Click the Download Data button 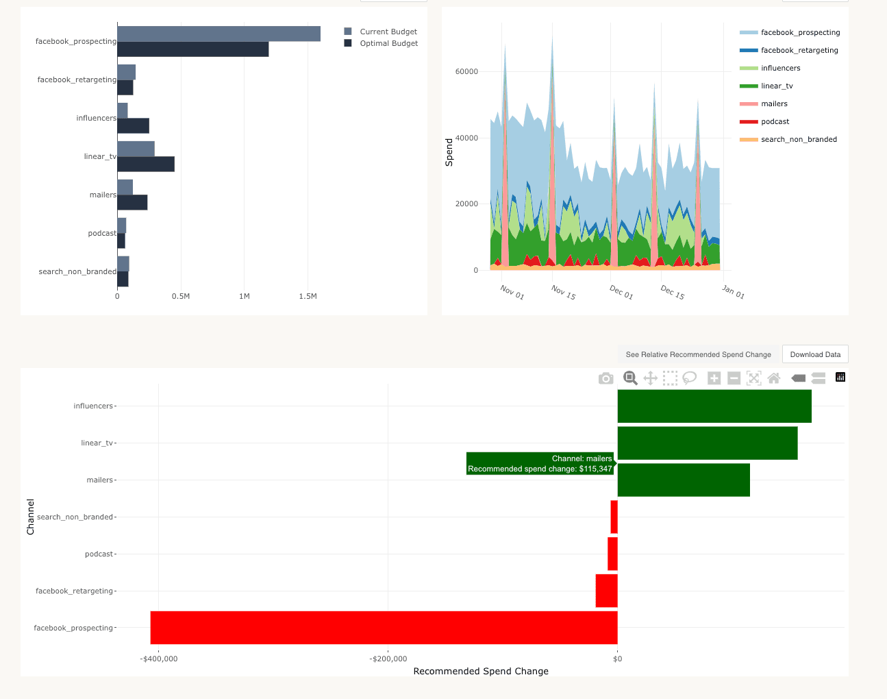pos(815,354)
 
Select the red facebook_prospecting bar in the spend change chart pos(384,628)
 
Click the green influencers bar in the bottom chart pos(714,406)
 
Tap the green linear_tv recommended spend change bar pos(708,443)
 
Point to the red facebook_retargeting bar pos(606,591)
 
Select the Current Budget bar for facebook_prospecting pos(218,34)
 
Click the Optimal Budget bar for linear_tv pos(146,164)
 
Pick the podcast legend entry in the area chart pos(775,121)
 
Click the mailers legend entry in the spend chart pos(774,103)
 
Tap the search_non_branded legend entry pos(799,139)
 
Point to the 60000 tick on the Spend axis pos(466,71)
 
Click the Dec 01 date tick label pos(621,292)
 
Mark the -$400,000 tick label pos(159,659)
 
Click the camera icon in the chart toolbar pos(605,378)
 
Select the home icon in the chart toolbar pos(774,378)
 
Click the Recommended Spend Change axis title pos(481,672)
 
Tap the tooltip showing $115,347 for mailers pos(540,464)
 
